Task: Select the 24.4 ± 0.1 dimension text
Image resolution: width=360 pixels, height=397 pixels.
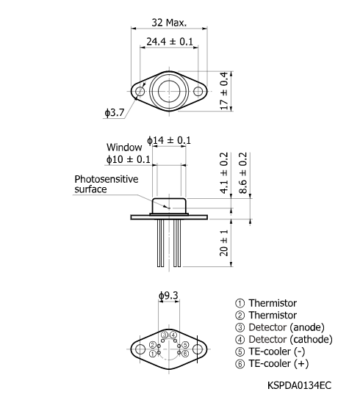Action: pyautogui.click(x=170, y=42)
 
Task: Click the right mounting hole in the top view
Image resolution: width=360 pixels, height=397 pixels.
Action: pyautogui.click(x=198, y=91)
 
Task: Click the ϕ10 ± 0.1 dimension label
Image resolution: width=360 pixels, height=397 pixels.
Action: pyautogui.click(x=128, y=159)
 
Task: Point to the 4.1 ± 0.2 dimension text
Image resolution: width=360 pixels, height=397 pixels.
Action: pyautogui.click(x=225, y=173)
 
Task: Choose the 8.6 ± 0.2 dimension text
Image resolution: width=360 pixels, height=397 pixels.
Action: pyautogui.click(x=243, y=173)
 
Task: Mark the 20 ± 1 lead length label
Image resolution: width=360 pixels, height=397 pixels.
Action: pyautogui.click(x=225, y=243)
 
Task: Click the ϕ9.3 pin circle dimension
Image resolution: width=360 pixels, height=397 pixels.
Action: pyautogui.click(x=170, y=297)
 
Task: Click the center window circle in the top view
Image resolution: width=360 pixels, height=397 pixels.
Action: pyautogui.click(x=170, y=91)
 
